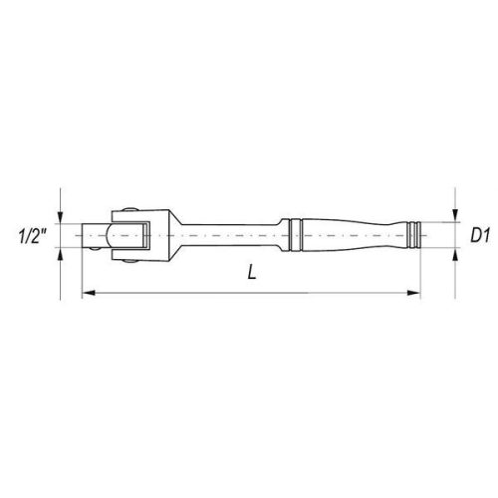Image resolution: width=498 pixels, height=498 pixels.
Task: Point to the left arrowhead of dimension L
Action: point(84,293)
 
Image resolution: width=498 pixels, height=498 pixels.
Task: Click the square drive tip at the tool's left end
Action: point(93,236)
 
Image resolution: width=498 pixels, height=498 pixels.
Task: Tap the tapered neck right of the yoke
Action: point(171,236)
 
